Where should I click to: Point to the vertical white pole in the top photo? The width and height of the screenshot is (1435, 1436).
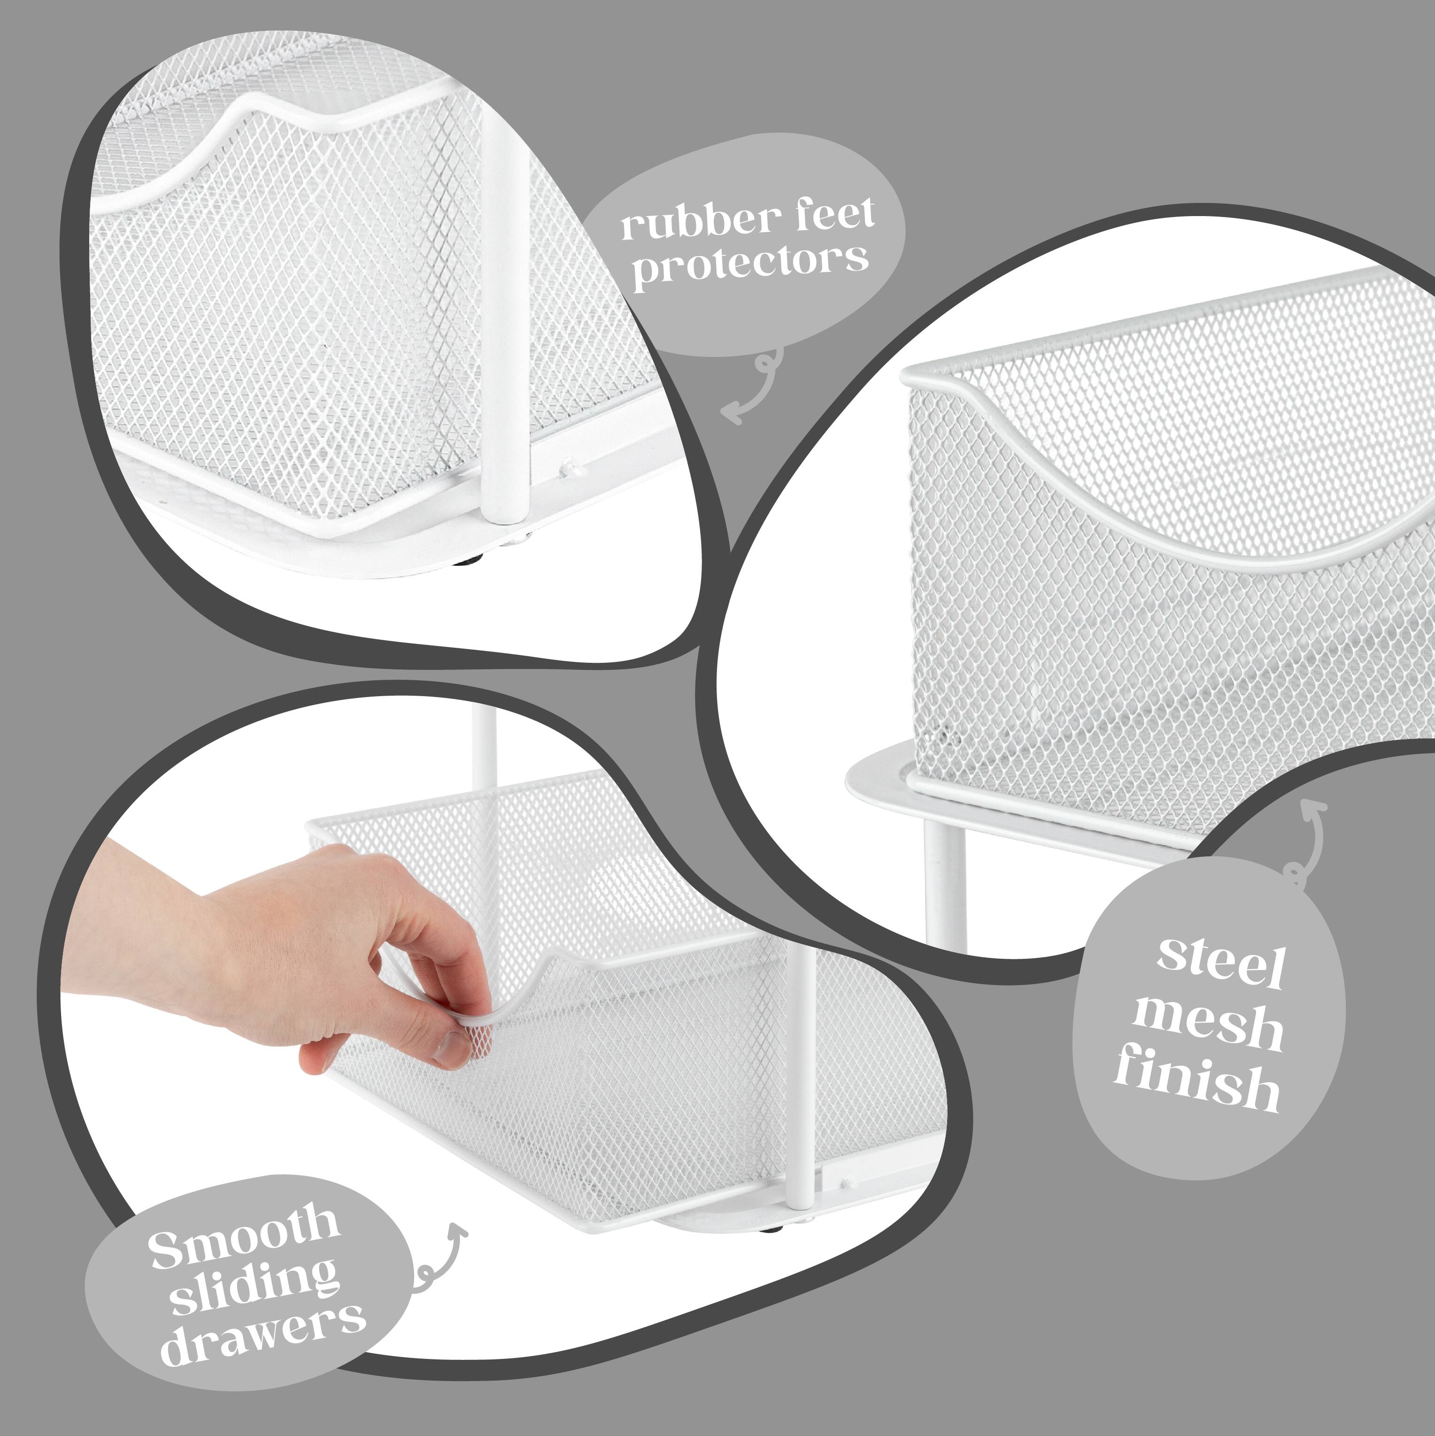(505, 312)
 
